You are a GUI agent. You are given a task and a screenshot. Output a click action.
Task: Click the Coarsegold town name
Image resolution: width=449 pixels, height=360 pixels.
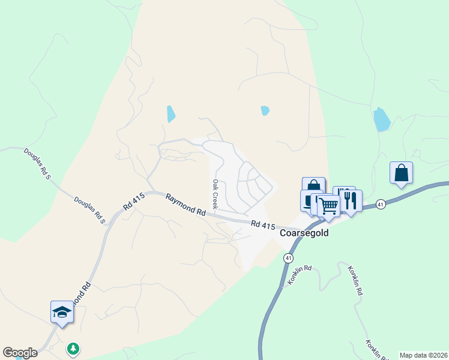[304, 233]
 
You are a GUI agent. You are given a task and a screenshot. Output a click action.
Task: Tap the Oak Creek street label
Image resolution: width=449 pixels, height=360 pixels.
[214, 191]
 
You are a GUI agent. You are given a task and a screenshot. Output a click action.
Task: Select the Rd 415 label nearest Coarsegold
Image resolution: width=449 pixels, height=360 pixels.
[264, 226]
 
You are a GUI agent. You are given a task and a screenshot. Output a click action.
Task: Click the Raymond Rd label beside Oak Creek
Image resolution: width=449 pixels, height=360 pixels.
[186, 204]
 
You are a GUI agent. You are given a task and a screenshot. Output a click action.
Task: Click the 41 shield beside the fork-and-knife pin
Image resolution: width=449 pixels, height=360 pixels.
[381, 205]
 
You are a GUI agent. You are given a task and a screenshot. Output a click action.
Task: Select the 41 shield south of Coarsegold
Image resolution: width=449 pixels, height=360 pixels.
[289, 258]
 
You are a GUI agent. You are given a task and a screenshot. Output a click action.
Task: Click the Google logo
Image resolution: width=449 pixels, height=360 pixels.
[20, 353]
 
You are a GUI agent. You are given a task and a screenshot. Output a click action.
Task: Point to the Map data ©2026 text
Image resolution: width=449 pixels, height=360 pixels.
[423, 355]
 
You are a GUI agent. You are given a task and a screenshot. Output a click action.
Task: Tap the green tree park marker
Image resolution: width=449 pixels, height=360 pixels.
[73, 348]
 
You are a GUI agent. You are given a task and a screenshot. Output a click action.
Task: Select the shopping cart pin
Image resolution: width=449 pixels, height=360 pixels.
[328, 205]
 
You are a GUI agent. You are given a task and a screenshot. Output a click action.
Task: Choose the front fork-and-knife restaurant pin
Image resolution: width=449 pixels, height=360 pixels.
[351, 201]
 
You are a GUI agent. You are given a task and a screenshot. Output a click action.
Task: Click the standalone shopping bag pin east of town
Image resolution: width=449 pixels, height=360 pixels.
[401, 173]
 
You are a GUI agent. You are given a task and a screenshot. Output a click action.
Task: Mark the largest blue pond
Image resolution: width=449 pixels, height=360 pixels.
[381, 119]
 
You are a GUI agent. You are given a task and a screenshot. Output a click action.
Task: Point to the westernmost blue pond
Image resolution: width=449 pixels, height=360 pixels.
[170, 113]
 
